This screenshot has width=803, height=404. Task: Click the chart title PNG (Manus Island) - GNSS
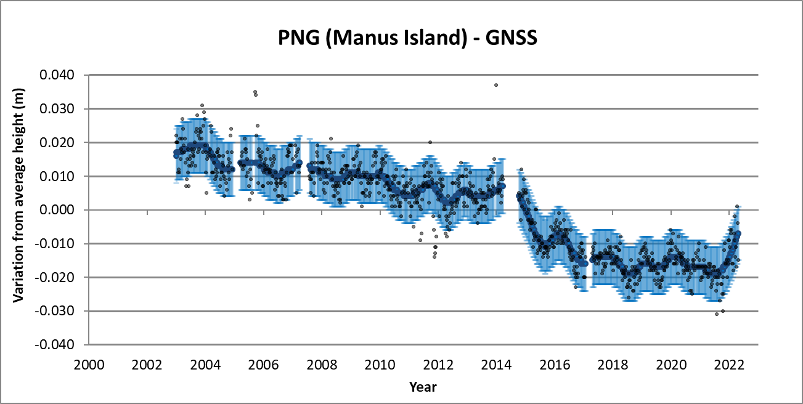click(x=401, y=38)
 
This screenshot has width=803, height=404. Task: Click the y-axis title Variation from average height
click(x=18, y=210)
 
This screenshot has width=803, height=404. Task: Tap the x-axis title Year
click(x=423, y=387)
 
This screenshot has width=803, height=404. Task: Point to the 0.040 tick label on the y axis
click(x=57, y=75)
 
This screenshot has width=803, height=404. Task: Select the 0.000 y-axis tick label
click(x=57, y=210)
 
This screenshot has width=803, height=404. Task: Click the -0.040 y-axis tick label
click(x=55, y=345)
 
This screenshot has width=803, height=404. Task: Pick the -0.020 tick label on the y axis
click(x=55, y=278)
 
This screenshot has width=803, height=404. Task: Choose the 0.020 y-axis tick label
click(x=57, y=142)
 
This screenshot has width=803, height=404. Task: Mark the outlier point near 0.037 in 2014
click(x=495, y=85)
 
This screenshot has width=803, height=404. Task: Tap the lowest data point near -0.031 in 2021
click(x=717, y=314)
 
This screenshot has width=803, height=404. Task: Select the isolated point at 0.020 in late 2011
click(x=430, y=142)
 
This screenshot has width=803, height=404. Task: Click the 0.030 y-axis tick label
click(x=57, y=109)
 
